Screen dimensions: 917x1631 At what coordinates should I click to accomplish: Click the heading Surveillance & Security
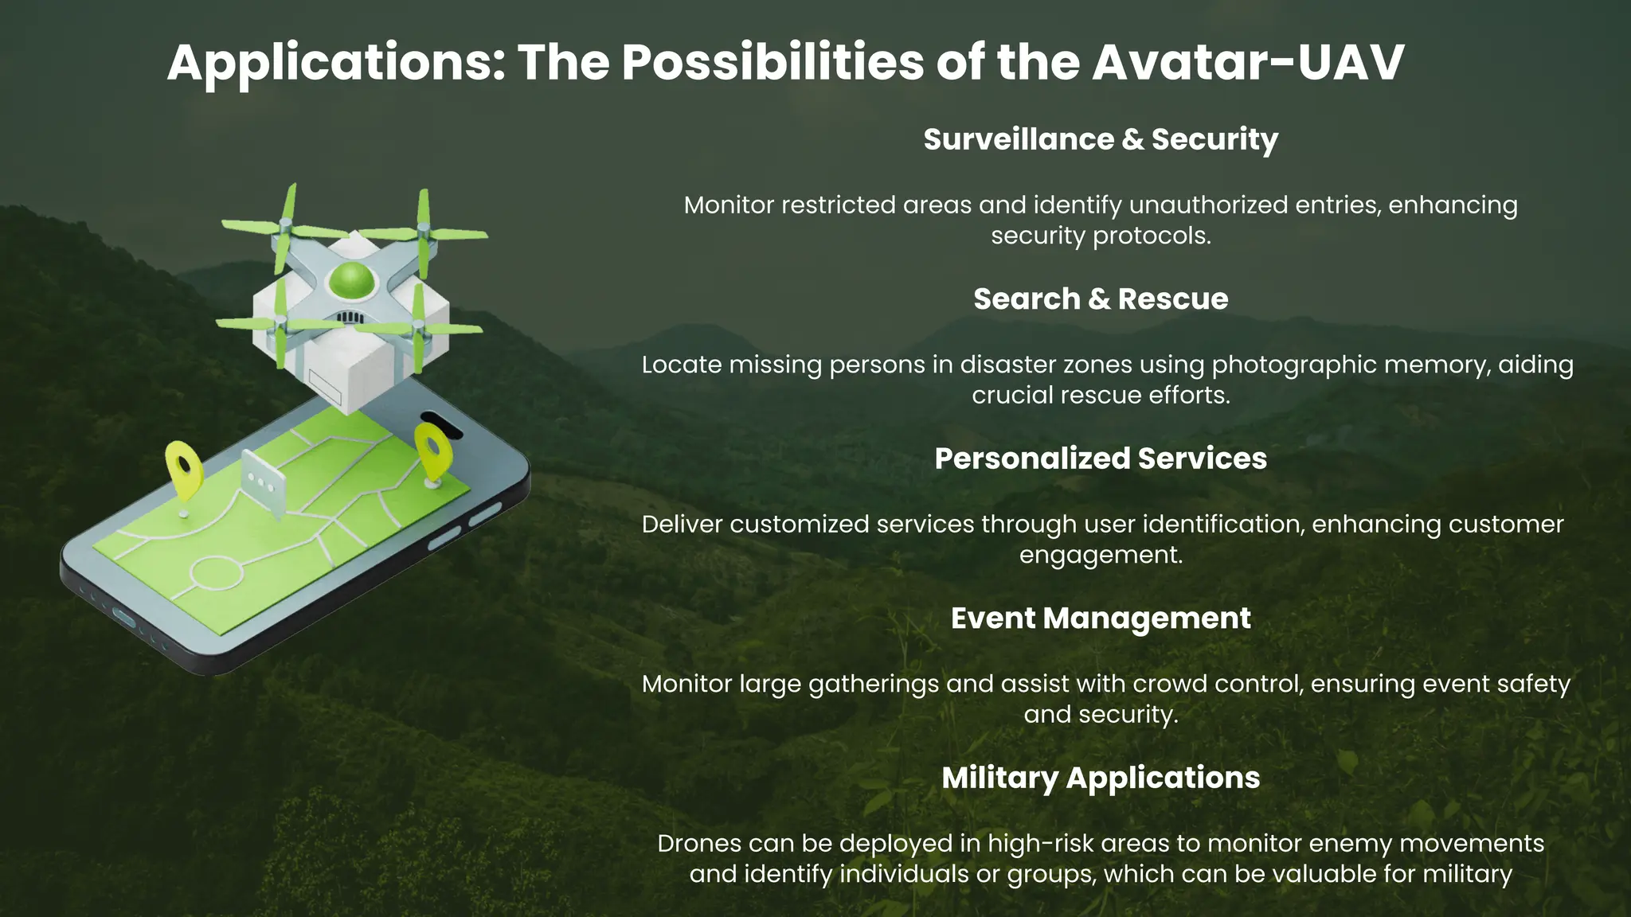click(x=1101, y=139)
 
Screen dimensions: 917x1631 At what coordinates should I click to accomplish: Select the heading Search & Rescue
click(x=1101, y=299)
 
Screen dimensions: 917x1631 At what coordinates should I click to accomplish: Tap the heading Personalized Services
click(x=1101, y=458)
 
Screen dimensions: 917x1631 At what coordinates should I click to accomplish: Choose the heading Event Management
click(x=1101, y=618)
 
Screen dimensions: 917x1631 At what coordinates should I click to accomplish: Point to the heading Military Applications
click(x=1101, y=778)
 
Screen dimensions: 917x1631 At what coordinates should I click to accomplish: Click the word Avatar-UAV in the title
click(x=1248, y=62)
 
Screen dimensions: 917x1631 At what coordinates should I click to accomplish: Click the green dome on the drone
click(x=351, y=279)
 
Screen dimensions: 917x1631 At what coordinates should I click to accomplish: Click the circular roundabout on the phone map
click(x=216, y=572)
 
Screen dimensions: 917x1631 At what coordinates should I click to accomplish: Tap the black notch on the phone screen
click(x=440, y=424)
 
